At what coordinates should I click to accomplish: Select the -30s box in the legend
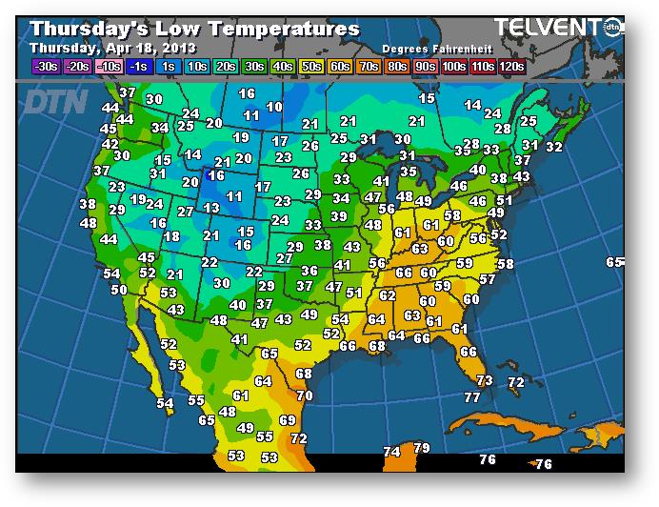pos(45,66)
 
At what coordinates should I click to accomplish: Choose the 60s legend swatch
pos(340,66)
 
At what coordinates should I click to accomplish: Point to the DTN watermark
pos(56,101)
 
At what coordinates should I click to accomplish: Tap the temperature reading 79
pos(422,448)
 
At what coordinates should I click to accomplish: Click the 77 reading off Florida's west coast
pos(472,397)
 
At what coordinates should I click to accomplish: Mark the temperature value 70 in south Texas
pos(304,395)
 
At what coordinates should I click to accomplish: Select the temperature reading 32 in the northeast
pos(554,147)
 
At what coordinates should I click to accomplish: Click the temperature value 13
pos(211,208)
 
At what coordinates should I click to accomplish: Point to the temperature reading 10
pos(275,108)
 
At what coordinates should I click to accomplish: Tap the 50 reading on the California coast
pos(119,290)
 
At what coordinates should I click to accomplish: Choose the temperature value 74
pos(391,452)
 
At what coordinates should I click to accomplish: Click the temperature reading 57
pos(488,279)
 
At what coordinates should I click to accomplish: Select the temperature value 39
pos(338,216)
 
